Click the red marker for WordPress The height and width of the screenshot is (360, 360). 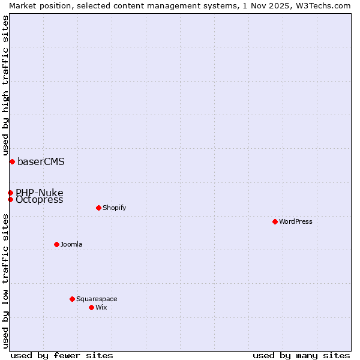275,221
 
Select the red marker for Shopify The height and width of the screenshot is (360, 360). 98,208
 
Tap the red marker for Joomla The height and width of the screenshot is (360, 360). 56,244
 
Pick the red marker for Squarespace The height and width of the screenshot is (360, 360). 72,299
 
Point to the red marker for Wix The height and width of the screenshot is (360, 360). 91,307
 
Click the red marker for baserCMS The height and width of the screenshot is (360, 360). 12,161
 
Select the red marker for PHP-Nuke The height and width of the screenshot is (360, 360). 10,193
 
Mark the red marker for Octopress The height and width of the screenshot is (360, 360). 10,199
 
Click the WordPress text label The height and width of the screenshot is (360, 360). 296,221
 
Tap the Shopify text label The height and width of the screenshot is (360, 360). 114,208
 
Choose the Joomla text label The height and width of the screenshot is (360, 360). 71,244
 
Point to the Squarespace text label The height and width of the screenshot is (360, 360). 97,299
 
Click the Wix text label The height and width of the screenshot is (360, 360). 101,307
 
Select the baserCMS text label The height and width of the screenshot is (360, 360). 41,161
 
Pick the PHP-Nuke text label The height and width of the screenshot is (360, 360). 40,193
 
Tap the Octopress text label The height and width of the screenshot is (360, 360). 40,200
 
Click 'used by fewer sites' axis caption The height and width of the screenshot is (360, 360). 62,355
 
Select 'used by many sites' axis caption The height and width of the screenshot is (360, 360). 301,355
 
